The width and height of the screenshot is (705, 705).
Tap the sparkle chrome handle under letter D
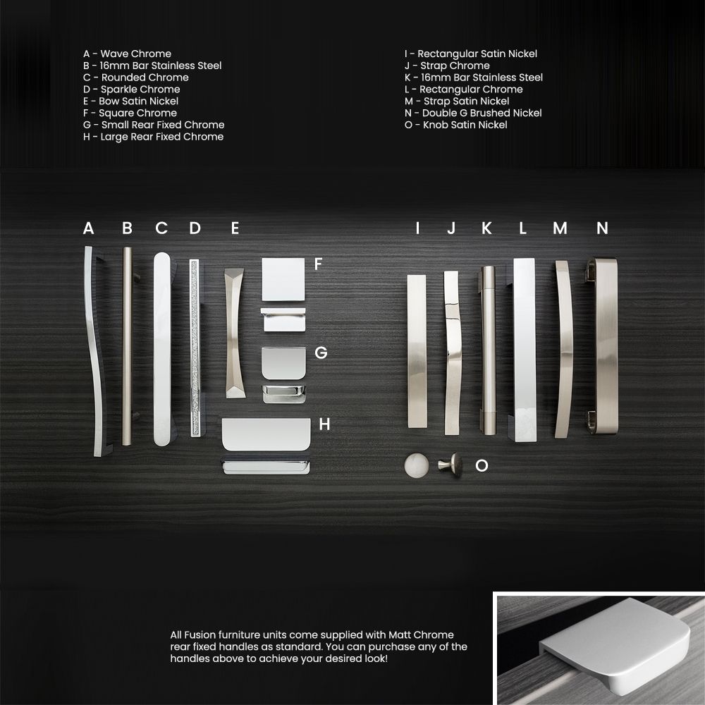[195, 348]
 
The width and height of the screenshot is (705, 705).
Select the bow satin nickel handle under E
[235, 333]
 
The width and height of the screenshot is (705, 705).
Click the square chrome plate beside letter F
[283, 279]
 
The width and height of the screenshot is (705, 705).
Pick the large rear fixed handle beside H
[266, 434]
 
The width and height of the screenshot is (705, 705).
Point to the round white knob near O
[417, 465]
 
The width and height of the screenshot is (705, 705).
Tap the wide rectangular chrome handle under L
[525, 350]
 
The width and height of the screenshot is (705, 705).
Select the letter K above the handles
[486, 228]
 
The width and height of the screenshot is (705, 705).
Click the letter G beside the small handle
[321, 352]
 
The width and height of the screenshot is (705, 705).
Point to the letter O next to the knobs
[482, 465]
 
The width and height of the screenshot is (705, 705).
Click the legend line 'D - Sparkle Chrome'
[131, 89]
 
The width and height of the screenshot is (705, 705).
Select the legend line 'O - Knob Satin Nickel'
[456, 125]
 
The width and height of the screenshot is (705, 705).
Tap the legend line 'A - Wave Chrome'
[127, 54]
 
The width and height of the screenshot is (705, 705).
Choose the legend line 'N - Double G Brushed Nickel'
[473, 113]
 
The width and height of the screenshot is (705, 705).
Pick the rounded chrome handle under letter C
[162, 349]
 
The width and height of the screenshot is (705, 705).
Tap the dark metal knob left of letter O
[450, 465]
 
